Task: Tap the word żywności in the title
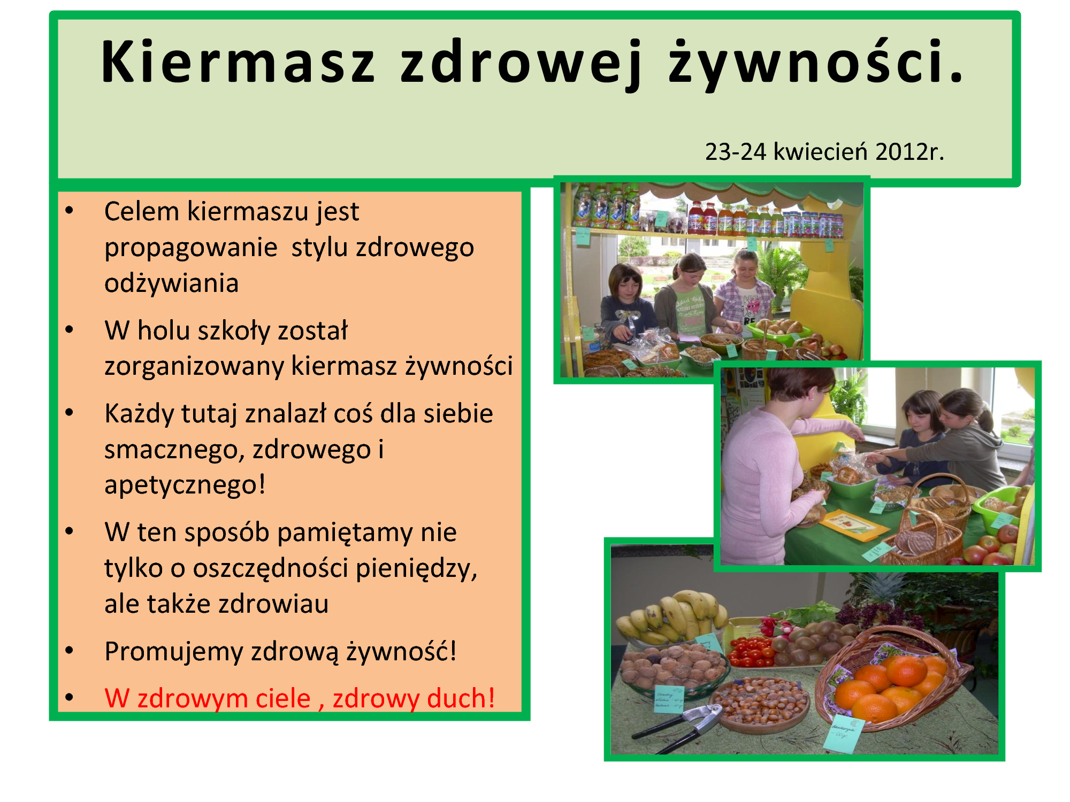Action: click(815, 63)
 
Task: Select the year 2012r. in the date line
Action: click(909, 151)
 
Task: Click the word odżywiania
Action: click(171, 283)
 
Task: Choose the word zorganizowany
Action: click(194, 367)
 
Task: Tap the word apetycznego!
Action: click(185, 485)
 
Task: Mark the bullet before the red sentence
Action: click(69, 697)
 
